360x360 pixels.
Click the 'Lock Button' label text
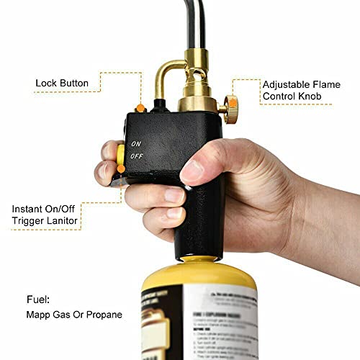62,84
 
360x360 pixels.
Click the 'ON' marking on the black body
135,144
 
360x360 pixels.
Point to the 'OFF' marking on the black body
135,155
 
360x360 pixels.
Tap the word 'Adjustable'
286,84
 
